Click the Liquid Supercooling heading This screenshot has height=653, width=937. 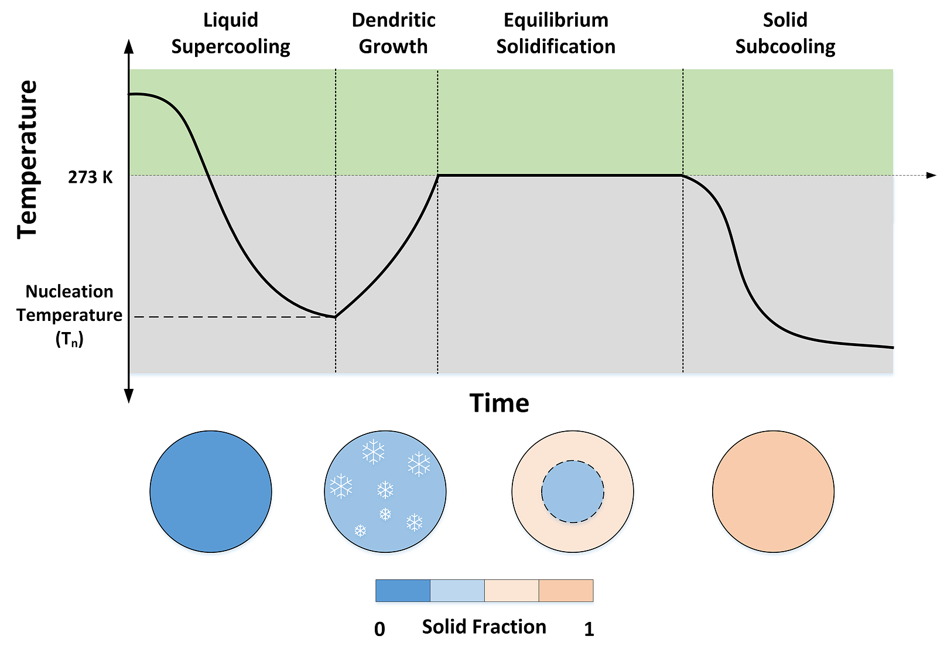click(231, 33)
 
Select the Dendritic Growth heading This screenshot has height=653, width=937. click(393, 33)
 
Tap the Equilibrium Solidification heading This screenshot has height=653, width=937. click(556, 33)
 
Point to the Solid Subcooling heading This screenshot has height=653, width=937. click(785, 33)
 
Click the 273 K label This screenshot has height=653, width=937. click(90, 177)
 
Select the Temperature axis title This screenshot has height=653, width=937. click(28, 159)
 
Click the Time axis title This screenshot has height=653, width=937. click(499, 404)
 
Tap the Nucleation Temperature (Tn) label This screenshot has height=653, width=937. click(70, 315)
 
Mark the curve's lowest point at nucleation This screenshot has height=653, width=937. click(336, 317)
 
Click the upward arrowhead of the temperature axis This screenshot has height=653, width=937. click(129, 46)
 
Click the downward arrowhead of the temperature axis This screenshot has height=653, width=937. click(129, 396)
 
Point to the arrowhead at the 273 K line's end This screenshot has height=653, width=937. click(931, 175)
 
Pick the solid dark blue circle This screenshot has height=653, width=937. click(211, 491)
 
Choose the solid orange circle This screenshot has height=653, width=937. click(773, 491)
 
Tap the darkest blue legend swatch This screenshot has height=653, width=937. click(403, 591)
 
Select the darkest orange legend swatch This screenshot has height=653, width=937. click(566, 591)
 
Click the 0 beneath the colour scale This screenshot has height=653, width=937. click(379, 629)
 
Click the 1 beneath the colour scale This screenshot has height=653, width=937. click(589, 629)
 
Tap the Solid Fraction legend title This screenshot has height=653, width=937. click(484, 627)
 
